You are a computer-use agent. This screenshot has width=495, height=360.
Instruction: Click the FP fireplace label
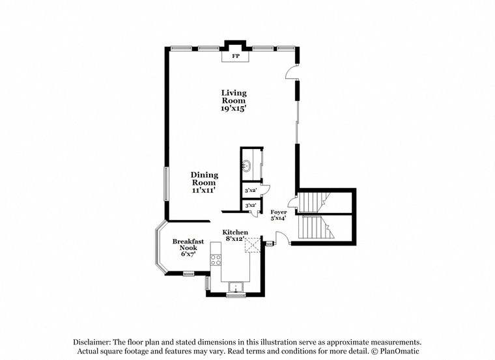coord(235,57)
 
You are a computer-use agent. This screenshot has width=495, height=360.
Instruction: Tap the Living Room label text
coord(233,97)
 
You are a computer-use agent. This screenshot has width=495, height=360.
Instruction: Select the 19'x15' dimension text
coord(233,109)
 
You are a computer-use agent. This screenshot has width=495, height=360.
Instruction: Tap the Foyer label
coord(279,212)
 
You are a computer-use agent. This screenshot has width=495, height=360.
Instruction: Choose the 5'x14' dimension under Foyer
coord(279,219)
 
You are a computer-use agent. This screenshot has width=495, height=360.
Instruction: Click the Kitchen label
coord(235,232)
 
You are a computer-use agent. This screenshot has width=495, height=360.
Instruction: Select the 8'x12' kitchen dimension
coord(234,239)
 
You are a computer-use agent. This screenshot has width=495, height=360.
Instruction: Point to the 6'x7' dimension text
coord(188,255)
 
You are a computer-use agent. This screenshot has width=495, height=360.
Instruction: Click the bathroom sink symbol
coord(247,166)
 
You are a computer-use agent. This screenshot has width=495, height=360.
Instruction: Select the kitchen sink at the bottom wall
coord(234,286)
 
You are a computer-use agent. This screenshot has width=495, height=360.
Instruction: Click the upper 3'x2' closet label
coord(249,191)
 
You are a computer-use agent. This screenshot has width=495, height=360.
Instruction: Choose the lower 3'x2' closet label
coord(249,206)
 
